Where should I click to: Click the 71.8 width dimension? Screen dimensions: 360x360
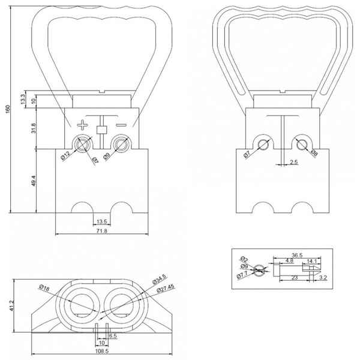tap(101, 231)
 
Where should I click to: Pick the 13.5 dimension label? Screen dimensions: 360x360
tap(101, 221)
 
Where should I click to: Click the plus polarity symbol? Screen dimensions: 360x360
tap(82, 125)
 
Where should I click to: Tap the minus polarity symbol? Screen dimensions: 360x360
tap(122, 125)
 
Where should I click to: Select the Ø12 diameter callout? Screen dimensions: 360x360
tap(65, 157)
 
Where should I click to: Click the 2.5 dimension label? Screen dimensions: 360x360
tap(293, 162)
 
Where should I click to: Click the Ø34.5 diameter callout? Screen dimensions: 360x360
tap(160, 281)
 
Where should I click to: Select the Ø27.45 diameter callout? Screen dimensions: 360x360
tap(166, 289)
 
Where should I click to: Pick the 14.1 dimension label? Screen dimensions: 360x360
tap(312, 261)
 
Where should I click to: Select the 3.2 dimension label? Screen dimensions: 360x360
tap(323, 278)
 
